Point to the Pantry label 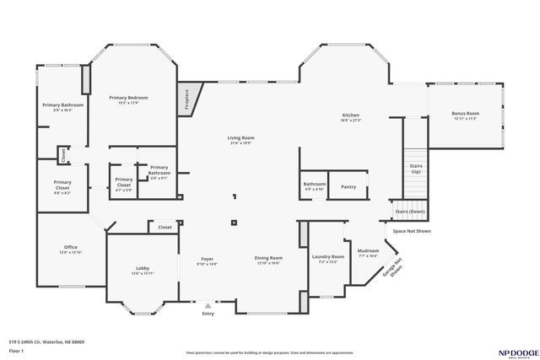pyautogui.click(x=348, y=186)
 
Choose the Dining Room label pyautogui.click(x=268, y=260)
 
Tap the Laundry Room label pyautogui.click(x=327, y=258)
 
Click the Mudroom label pyautogui.click(x=368, y=252)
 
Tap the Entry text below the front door pyautogui.click(x=208, y=314)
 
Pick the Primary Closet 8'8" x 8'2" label pyautogui.click(x=62, y=186)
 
